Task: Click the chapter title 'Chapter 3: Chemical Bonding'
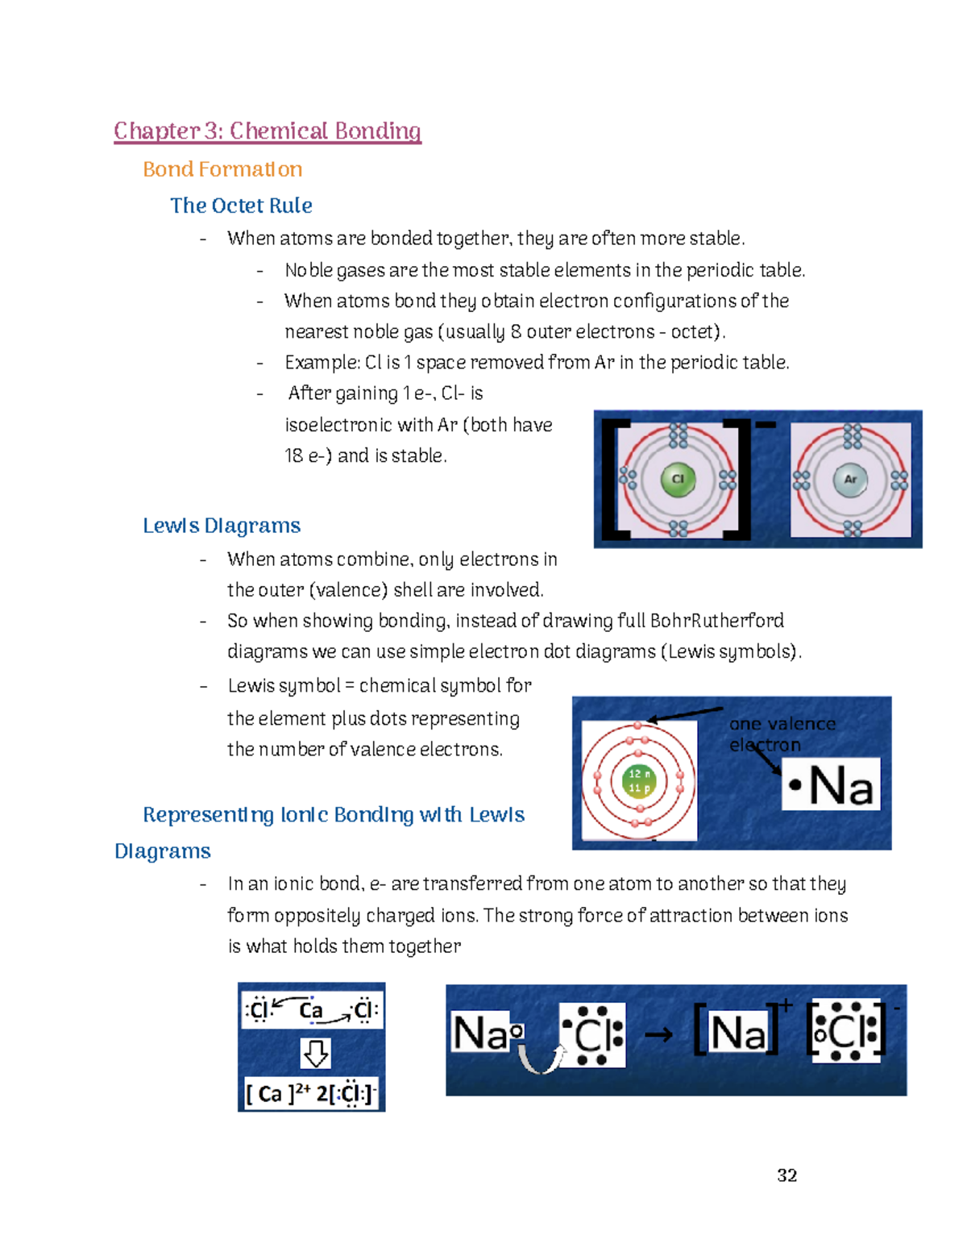pyautogui.click(x=267, y=131)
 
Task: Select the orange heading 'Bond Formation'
pyautogui.click(x=222, y=169)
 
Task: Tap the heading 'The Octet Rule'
pyautogui.click(x=241, y=206)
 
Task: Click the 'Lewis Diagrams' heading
pyautogui.click(x=222, y=526)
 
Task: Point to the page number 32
pyautogui.click(x=786, y=1175)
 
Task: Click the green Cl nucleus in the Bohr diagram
pyautogui.click(x=678, y=479)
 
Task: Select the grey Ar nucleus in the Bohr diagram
pyautogui.click(x=850, y=479)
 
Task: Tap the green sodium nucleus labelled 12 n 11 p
pyautogui.click(x=639, y=780)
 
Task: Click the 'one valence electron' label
pyautogui.click(x=781, y=734)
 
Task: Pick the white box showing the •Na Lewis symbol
pyautogui.click(x=831, y=784)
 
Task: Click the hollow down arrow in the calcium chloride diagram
pyautogui.click(x=315, y=1053)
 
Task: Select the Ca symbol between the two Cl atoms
pyautogui.click(x=311, y=1010)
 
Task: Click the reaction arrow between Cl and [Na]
pyautogui.click(x=658, y=1034)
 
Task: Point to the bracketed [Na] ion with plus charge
pyautogui.click(x=737, y=1033)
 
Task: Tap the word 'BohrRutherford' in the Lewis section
pyautogui.click(x=716, y=621)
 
